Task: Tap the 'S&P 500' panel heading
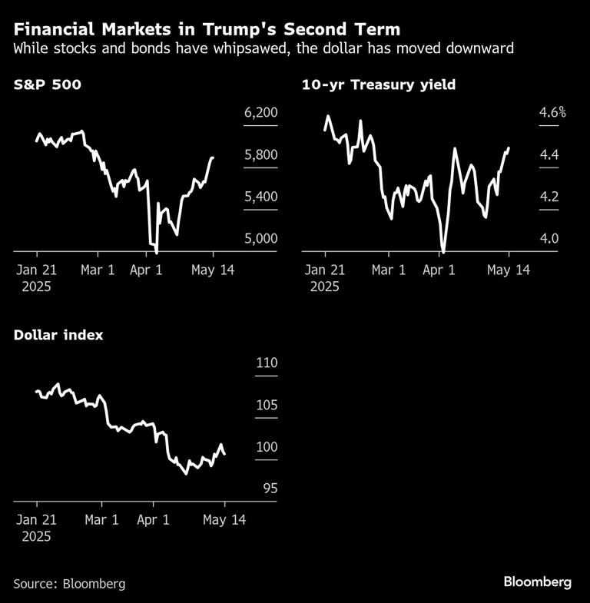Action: pos(47,84)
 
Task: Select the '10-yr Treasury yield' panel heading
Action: pos(379,84)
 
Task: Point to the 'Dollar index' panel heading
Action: pos(58,335)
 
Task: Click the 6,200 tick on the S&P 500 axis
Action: pos(260,113)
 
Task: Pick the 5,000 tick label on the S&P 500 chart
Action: pos(260,238)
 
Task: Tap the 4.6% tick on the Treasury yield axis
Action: pos(552,113)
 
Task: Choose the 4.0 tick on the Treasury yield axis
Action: pos(549,238)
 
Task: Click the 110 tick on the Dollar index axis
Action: pos(266,363)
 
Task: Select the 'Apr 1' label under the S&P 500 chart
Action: pos(146,270)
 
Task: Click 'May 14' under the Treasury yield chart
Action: pos(507,270)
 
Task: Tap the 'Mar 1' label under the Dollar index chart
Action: pos(101,520)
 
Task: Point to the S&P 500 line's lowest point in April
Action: pos(156,251)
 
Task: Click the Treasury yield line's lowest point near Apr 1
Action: pos(443,250)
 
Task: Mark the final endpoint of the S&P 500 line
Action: pos(213,157)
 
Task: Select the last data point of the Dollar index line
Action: pos(224,455)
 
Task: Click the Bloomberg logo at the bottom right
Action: pos(537,581)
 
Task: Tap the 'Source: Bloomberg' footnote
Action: pos(69,584)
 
